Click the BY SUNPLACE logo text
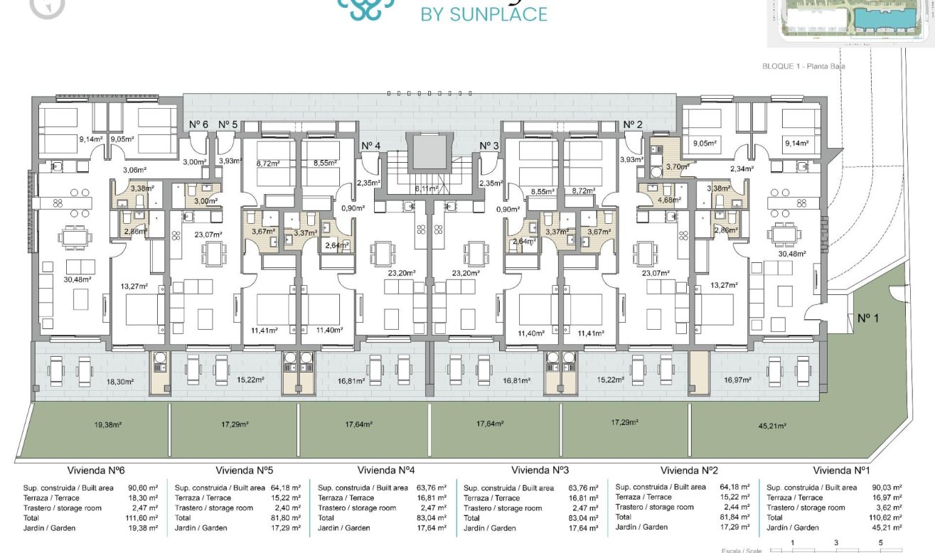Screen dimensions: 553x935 click(484, 14)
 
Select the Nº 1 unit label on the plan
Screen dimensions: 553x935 click(868, 318)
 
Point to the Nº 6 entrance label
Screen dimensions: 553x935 click(198, 124)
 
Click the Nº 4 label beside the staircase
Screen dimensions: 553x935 click(371, 146)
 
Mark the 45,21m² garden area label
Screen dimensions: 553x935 click(771, 426)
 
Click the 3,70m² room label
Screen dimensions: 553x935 click(676, 166)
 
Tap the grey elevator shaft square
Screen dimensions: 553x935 click(428, 151)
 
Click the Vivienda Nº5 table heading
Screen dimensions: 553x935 click(245, 471)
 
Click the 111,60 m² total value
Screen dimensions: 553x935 click(141, 518)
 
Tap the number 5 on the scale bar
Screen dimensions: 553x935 click(880, 543)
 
